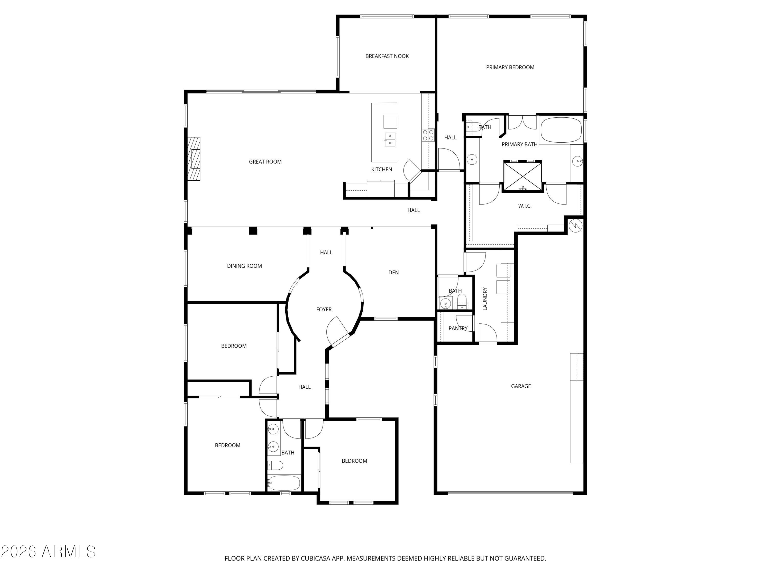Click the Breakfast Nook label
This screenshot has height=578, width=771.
(387, 56)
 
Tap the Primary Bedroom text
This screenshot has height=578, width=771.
(510, 67)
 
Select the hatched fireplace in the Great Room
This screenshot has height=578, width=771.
(194, 159)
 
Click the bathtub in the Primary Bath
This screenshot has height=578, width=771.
(561, 130)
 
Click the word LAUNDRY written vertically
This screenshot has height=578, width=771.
(485, 299)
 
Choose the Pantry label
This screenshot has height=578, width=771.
(458, 328)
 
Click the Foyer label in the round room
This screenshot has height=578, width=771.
(324, 309)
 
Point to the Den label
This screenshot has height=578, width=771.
(393, 273)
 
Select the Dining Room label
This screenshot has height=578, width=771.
(244, 266)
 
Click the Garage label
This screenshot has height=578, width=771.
(521, 386)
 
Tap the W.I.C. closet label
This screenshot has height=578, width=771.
(525, 206)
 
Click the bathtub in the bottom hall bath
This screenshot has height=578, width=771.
(284, 482)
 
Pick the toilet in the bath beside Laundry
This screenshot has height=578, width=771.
(462, 301)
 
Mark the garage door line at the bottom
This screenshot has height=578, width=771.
(510, 493)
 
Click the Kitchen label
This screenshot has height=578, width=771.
(381, 169)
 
